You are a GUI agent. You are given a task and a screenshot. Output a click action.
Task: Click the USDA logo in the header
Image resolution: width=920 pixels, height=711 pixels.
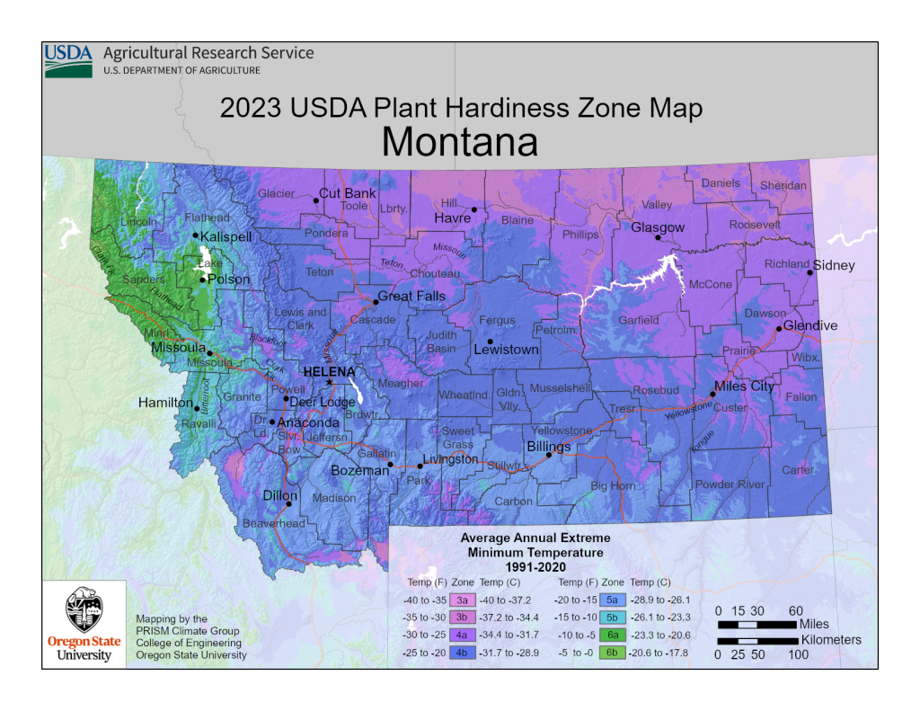coord(68,59)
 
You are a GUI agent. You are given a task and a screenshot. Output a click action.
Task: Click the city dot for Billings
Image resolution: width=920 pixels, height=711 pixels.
coord(549,455)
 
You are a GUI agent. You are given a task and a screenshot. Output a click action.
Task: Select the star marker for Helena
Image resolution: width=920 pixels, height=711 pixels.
coord(330,382)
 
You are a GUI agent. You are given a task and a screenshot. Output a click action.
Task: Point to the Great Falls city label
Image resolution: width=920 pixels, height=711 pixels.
coord(412,297)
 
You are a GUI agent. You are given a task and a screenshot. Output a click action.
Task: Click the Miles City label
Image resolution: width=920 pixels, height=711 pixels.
coord(744,387)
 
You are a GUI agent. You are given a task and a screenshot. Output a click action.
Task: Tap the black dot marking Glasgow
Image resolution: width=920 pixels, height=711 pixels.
coord(658,238)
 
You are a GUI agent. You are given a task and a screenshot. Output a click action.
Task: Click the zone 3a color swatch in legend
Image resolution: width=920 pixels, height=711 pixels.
coord(462,599)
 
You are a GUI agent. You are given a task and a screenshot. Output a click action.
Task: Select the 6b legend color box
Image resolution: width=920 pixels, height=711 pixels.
coord(613,653)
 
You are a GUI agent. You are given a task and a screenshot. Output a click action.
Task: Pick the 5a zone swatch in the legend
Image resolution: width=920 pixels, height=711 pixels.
coord(613,599)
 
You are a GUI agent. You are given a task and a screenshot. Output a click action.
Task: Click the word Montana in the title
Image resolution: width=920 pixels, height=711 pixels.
coord(460,142)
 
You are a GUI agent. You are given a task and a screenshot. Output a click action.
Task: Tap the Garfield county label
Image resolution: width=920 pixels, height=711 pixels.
coord(639,320)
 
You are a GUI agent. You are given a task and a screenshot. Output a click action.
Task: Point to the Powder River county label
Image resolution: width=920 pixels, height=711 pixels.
coord(730,484)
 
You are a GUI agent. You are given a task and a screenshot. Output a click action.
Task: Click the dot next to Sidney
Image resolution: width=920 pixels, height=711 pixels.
coord(809,272)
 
